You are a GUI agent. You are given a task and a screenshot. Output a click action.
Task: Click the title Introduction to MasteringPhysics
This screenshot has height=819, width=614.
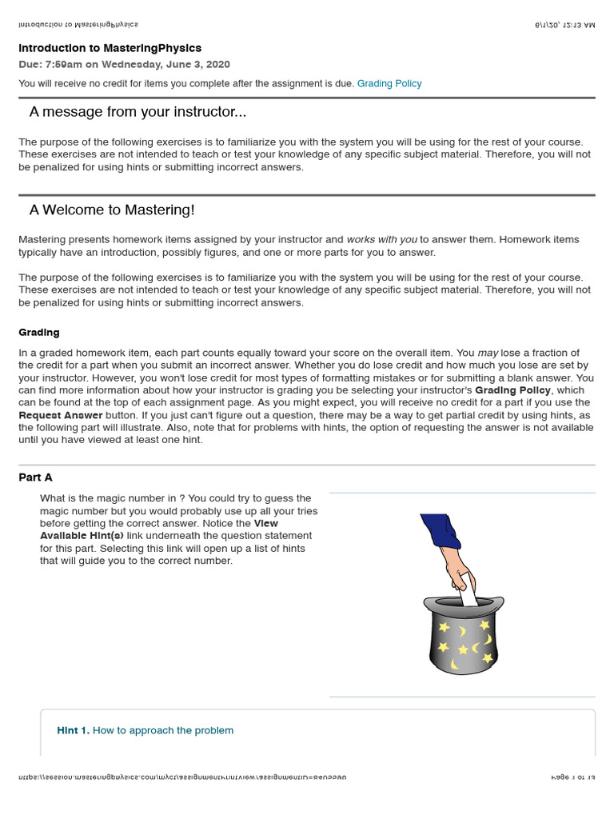(110, 48)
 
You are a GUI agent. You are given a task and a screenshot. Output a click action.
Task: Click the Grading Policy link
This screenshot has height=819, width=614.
(389, 83)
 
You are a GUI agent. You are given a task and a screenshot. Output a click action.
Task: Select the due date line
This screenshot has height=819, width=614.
(124, 64)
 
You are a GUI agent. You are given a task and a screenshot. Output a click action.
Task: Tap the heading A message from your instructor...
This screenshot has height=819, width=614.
(138, 111)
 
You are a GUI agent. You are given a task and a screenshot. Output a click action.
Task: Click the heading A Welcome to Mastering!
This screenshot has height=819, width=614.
(112, 210)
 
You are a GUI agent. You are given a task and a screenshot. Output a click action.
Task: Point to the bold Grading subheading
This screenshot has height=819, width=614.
(38, 332)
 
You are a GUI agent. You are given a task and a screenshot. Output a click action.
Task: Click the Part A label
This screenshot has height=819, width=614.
(35, 477)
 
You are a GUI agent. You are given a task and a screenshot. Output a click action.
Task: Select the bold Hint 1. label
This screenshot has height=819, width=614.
(73, 730)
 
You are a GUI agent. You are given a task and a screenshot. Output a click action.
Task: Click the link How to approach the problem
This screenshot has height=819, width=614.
(163, 730)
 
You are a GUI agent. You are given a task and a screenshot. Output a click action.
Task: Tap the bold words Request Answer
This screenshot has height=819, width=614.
(61, 415)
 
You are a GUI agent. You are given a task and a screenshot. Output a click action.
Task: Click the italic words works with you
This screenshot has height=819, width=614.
(381, 239)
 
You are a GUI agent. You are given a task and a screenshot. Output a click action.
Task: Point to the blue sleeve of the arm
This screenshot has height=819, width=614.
(440, 533)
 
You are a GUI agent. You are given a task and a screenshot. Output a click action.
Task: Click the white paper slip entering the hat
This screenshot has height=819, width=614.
(468, 597)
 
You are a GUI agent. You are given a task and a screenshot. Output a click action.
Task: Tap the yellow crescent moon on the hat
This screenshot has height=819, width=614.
(463, 632)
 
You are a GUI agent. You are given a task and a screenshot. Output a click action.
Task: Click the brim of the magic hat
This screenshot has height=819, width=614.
(464, 602)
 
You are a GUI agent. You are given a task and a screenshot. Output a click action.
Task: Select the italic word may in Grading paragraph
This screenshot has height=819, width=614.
(488, 353)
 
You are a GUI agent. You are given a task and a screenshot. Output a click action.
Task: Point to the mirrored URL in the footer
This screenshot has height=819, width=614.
(182, 777)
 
